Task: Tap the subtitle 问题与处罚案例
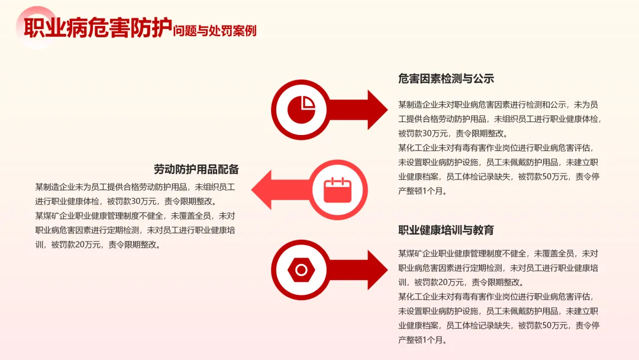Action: pyautogui.click(x=215, y=31)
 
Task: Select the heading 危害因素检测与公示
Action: pyautogui.click(x=446, y=79)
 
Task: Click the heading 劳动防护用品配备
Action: pyautogui.click(x=196, y=169)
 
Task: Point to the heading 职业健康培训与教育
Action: pyautogui.click(x=446, y=230)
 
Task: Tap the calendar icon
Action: pyautogui.click(x=338, y=190)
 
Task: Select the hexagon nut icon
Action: pyautogui.click(x=301, y=270)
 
